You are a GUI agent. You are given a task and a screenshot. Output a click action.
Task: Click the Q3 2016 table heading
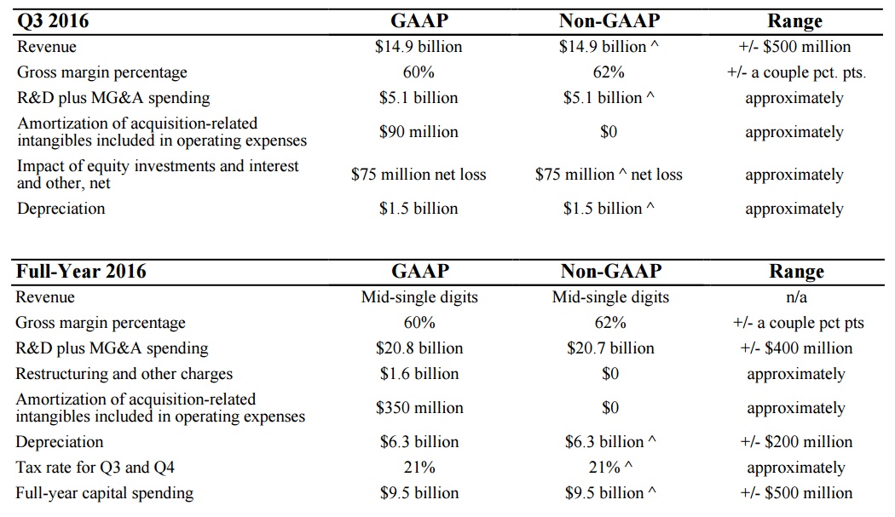(x=53, y=21)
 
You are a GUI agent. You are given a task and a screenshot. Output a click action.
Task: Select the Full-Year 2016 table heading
(x=81, y=271)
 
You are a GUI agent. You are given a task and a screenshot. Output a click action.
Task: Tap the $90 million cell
(x=419, y=132)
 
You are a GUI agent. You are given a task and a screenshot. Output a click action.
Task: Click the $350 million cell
(x=419, y=408)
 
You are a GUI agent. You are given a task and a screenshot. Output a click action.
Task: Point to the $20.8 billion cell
(x=419, y=348)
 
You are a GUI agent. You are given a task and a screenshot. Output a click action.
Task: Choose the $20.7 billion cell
(x=610, y=348)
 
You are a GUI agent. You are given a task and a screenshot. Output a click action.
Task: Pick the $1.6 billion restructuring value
(x=419, y=374)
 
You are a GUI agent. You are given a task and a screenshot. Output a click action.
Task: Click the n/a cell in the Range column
(x=796, y=297)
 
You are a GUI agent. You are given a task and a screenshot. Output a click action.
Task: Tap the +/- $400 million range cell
(x=796, y=348)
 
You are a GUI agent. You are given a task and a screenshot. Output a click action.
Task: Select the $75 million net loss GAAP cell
(x=419, y=175)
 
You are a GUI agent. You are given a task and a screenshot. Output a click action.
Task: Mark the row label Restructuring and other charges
(x=124, y=374)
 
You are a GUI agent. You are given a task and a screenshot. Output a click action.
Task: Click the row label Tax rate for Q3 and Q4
(x=95, y=468)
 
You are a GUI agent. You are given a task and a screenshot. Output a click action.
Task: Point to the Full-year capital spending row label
(x=105, y=493)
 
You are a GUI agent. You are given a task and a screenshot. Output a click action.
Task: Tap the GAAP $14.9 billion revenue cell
(x=419, y=47)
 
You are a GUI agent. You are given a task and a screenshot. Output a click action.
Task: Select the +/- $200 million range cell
(x=796, y=442)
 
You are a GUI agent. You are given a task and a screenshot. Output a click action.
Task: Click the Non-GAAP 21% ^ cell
(x=610, y=468)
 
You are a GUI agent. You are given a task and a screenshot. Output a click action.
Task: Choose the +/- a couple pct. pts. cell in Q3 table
(x=796, y=72)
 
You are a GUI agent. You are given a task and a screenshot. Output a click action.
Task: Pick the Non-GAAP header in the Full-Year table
(x=611, y=271)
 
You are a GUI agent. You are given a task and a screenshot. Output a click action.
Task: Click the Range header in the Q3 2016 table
(x=794, y=21)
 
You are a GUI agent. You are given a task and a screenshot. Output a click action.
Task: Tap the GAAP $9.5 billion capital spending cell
(x=419, y=493)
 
